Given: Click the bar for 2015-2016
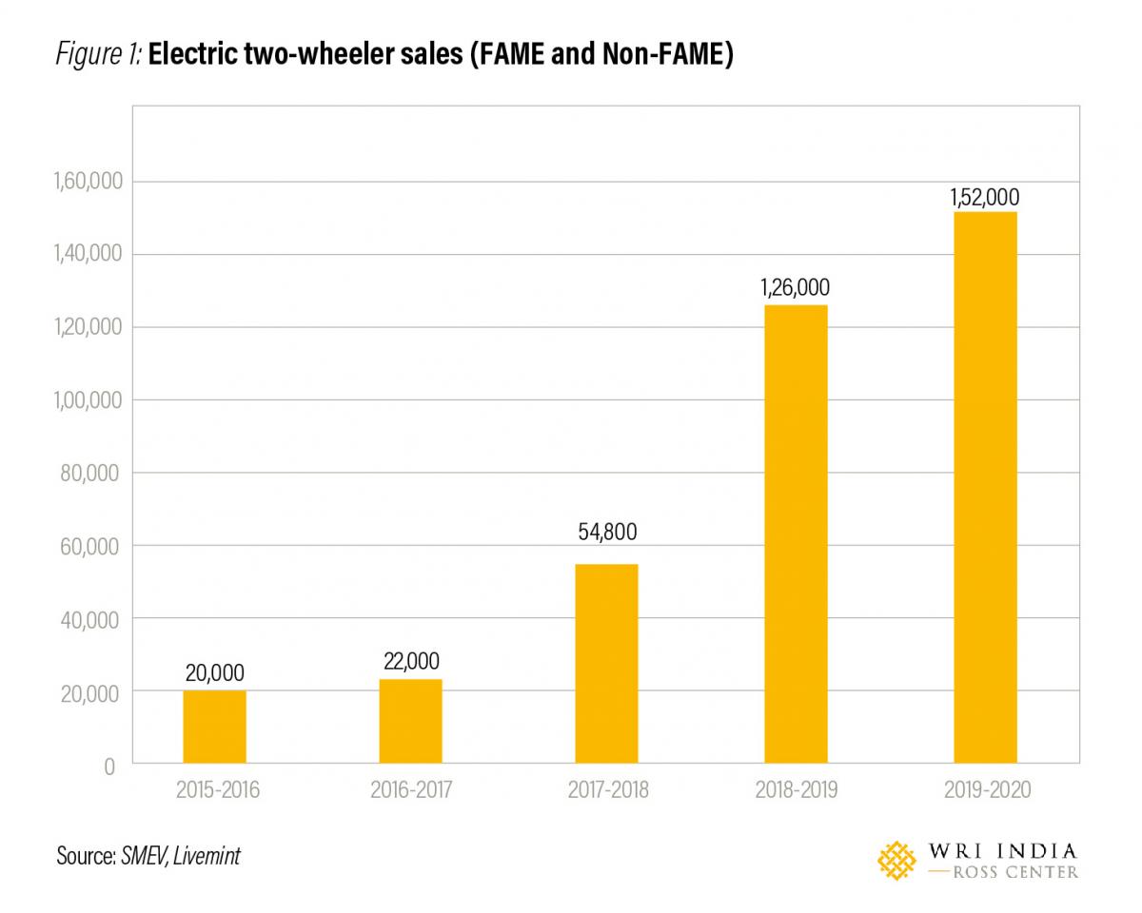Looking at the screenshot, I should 214,727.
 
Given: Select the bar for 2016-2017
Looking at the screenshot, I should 410,721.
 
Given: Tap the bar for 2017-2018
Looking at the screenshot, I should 606,663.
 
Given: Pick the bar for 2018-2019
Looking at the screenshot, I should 796,534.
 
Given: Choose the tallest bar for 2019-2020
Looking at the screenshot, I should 985,487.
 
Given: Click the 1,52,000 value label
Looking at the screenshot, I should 985,198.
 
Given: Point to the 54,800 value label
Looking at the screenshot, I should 607,532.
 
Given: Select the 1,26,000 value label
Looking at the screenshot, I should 796,288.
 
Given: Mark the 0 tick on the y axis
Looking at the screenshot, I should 109,765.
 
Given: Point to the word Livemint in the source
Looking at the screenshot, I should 207,856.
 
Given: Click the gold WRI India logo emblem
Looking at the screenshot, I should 896,860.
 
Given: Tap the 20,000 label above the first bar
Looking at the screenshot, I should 214,673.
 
